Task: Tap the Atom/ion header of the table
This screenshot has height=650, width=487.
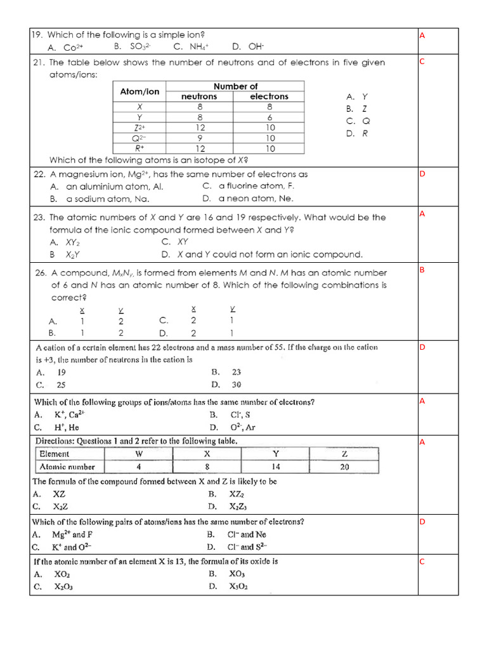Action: (x=140, y=91)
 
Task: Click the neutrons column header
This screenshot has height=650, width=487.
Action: (x=199, y=96)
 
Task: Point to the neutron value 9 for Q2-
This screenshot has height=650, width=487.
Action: (x=199, y=138)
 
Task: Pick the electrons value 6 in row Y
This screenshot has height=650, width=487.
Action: (x=269, y=117)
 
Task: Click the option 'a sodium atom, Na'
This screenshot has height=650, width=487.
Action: (x=107, y=199)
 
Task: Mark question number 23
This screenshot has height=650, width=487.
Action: (x=37, y=217)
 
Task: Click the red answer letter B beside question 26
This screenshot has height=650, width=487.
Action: (x=422, y=270)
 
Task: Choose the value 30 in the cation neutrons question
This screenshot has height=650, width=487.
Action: (x=236, y=385)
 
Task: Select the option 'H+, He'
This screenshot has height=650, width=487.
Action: (x=66, y=427)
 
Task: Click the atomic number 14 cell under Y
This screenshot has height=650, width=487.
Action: (x=275, y=467)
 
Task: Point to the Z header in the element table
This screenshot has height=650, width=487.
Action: (x=344, y=454)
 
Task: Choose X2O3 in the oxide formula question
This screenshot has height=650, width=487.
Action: (x=63, y=587)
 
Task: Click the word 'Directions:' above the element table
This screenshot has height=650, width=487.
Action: (x=56, y=441)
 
